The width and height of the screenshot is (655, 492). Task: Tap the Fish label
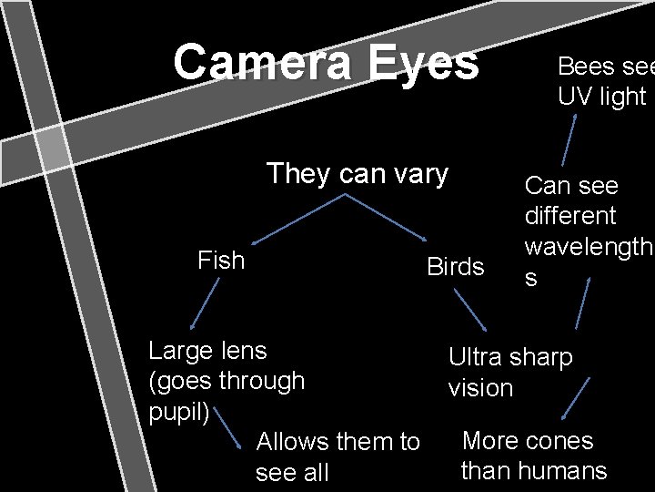pyautogui.click(x=221, y=261)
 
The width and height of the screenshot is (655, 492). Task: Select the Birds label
pyautogui.click(x=456, y=266)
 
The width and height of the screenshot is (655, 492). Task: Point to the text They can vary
pyautogui.click(x=357, y=173)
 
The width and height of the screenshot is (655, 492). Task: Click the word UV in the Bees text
pyautogui.click(x=575, y=97)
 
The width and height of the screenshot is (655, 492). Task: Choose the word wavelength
pyautogui.click(x=586, y=247)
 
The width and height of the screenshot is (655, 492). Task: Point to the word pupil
pyautogui.click(x=178, y=411)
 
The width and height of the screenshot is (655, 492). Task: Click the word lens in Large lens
pyautogui.click(x=245, y=350)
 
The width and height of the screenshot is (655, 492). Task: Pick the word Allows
pyautogui.click(x=294, y=442)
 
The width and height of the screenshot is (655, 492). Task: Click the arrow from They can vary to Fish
pyautogui.click(x=300, y=218)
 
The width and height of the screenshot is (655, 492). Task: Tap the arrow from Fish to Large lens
pyautogui.click(x=206, y=302)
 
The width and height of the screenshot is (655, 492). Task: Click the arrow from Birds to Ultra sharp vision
pyautogui.click(x=470, y=307)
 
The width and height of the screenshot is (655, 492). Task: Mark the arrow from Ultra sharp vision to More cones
pyautogui.click(x=572, y=398)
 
